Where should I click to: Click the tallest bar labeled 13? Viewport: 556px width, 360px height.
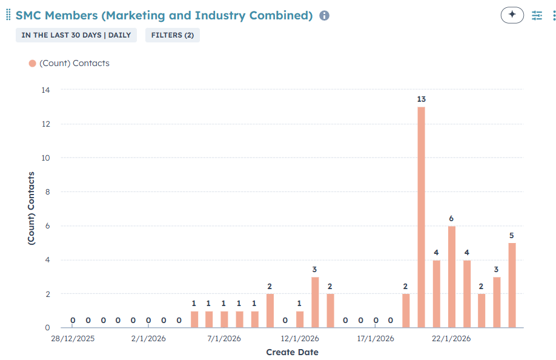pyautogui.click(x=421, y=217)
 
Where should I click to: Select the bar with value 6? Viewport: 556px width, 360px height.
pyautogui.click(x=451, y=276)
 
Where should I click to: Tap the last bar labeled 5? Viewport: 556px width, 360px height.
pyautogui.click(x=512, y=285)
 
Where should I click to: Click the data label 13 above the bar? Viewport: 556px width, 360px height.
pyautogui.click(x=421, y=99)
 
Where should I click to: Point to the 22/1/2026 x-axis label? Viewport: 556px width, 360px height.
pyautogui.click(x=451, y=338)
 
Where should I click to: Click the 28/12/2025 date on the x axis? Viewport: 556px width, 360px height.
pyautogui.click(x=73, y=338)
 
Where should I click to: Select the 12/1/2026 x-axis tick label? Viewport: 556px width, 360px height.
pyautogui.click(x=300, y=338)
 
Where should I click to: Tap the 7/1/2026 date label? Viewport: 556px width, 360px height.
pyautogui.click(x=224, y=338)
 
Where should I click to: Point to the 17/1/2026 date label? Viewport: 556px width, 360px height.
pyautogui.click(x=376, y=338)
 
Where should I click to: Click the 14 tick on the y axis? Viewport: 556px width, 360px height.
pyautogui.click(x=45, y=90)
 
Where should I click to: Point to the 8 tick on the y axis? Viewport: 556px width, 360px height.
pyautogui.click(x=47, y=192)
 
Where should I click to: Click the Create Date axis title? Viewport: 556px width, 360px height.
pyautogui.click(x=292, y=352)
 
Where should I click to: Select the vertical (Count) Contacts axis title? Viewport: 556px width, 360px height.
pyautogui.click(x=31, y=208)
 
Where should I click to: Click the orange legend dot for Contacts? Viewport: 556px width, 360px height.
pyautogui.click(x=32, y=63)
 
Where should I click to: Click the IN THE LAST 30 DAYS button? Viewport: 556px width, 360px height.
pyautogui.click(x=76, y=35)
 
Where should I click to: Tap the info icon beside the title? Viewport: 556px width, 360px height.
pyautogui.click(x=324, y=16)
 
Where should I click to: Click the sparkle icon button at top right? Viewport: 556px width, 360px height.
pyautogui.click(x=512, y=15)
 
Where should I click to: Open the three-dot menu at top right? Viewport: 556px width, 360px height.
pyautogui.click(x=554, y=15)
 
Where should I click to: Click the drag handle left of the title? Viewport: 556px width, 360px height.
pyautogui.click(x=8, y=15)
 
